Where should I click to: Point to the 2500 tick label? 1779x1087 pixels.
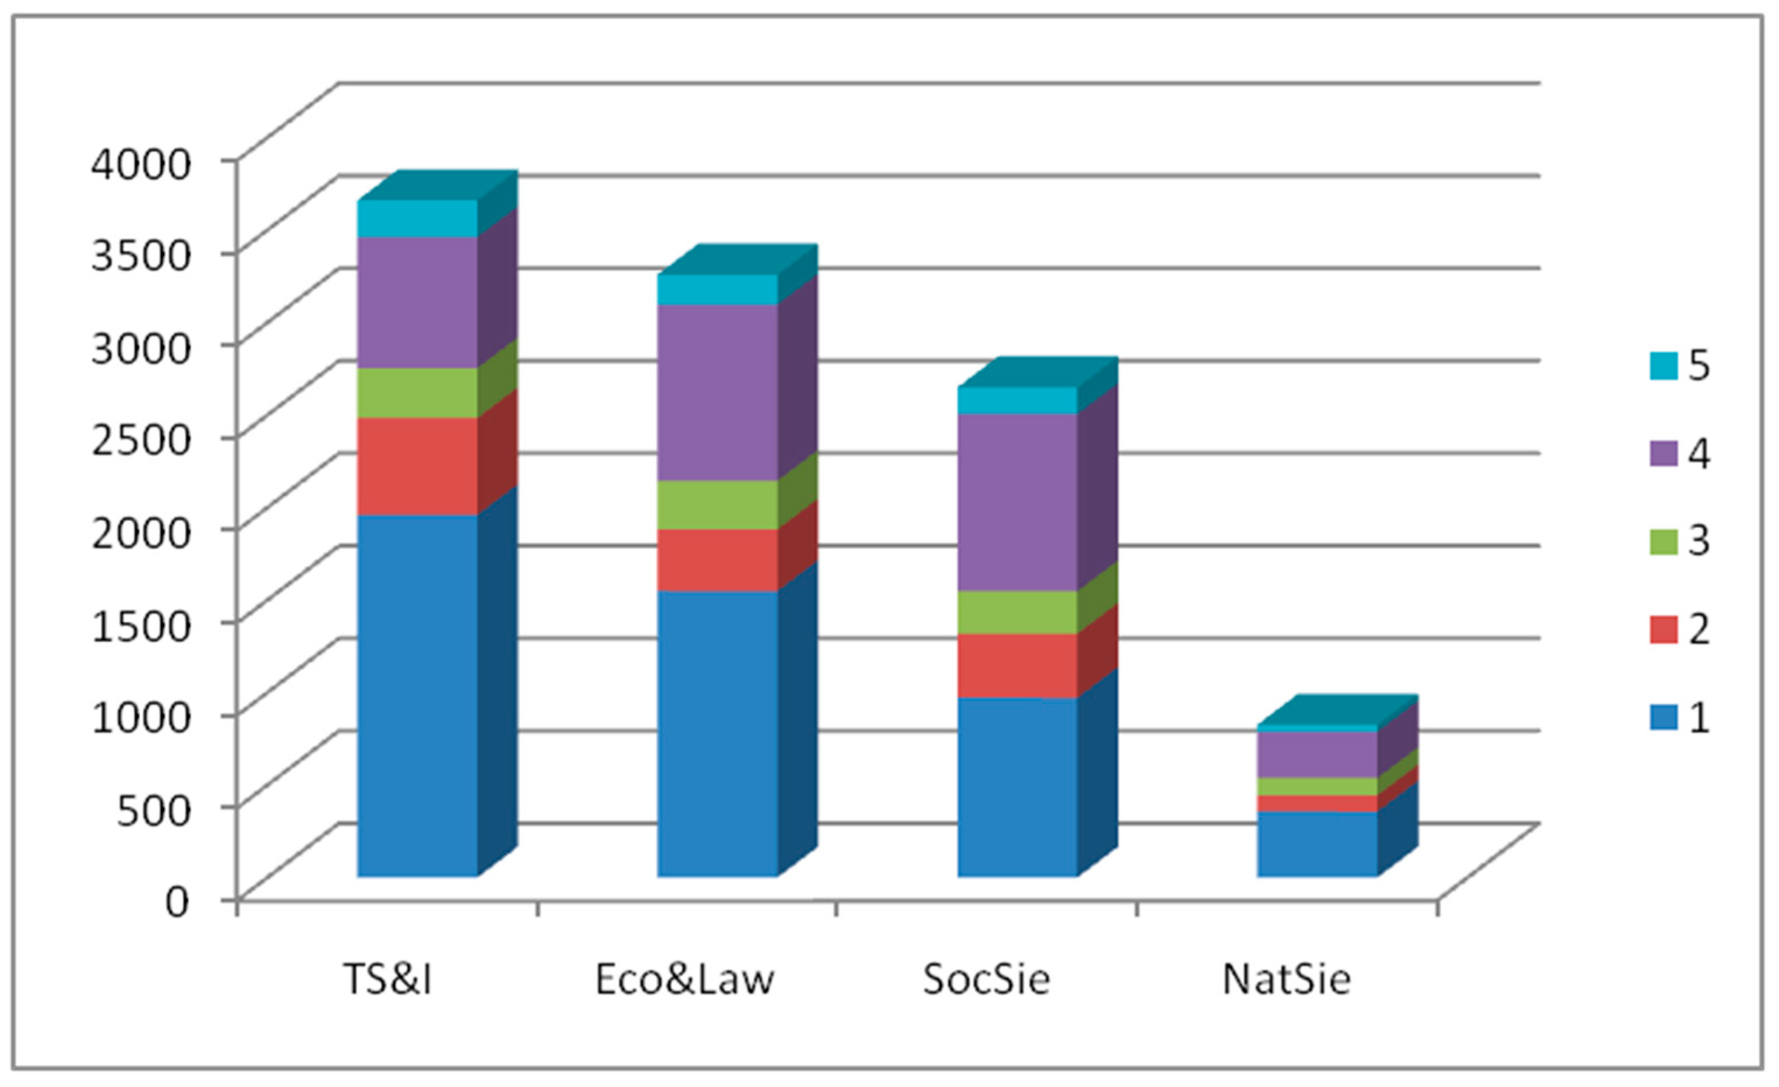pyautogui.click(x=142, y=439)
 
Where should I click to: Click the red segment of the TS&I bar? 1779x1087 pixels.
pyautogui.click(x=417, y=466)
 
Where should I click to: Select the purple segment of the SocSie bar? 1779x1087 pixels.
pyautogui.click(x=1017, y=502)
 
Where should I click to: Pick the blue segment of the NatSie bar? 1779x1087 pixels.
pyautogui.click(x=1317, y=845)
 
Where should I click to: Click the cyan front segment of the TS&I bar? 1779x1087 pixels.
pyautogui.click(x=417, y=218)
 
